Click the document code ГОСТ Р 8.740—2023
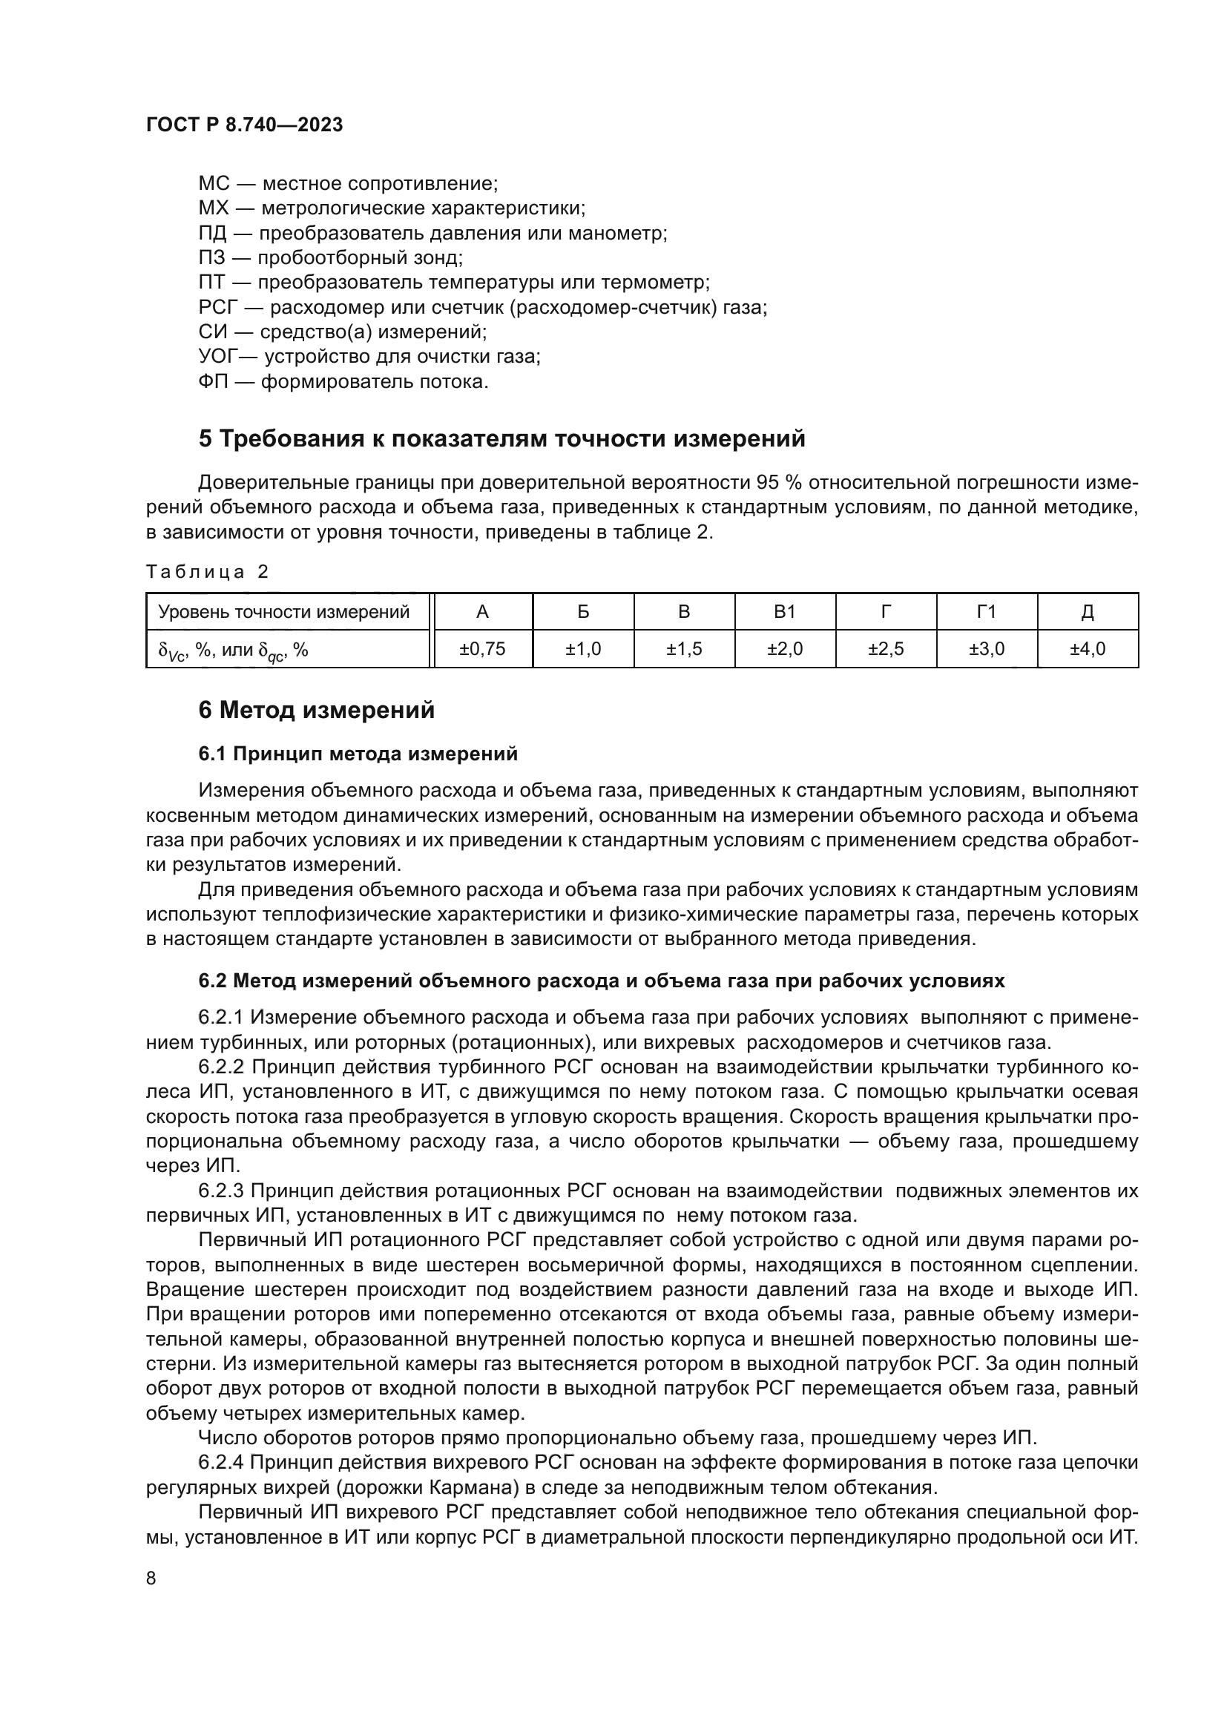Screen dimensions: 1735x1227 pos(244,125)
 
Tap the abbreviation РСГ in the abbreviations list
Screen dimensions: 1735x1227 pos(218,309)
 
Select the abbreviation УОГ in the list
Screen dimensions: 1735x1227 pos(217,358)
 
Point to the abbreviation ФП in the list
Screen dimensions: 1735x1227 pos(213,382)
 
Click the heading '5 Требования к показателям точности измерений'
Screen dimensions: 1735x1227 pos(501,439)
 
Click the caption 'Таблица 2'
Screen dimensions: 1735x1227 pos(207,572)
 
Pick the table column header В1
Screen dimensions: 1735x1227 pos(785,612)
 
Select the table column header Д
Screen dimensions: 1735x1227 pos(1088,612)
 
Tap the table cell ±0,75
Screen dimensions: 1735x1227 pos(482,649)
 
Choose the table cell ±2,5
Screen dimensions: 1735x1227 pos(886,649)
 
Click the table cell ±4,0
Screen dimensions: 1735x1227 pos(1088,649)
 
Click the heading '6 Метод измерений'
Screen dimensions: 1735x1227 pos(316,711)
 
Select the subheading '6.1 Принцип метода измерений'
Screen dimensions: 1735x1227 pos(358,754)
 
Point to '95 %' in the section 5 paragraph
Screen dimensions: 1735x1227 pos(782,483)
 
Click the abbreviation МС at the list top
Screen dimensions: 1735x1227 pos(213,184)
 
